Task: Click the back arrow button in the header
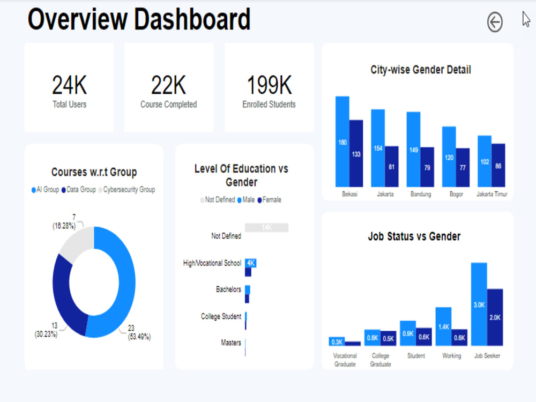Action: [x=495, y=23]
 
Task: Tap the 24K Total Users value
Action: [x=69, y=85]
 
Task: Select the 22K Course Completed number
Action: [x=168, y=85]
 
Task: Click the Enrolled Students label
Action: [x=269, y=105]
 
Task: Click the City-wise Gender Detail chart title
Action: [x=421, y=70]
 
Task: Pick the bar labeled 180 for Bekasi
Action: [x=343, y=142]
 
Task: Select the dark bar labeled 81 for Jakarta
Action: [x=392, y=166]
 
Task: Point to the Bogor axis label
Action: [x=456, y=194]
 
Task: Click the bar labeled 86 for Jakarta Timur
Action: [x=498, y=165]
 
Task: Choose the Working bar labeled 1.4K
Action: [x=443, y=326]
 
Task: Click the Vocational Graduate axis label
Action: [x=345, y=360]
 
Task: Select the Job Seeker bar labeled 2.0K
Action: [x=495, y=317]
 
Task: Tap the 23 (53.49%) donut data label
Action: [x=139, y=332]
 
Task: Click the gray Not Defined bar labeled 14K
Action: [x=266, y=228]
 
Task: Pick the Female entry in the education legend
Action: [x=269, y=200]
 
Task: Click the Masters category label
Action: [x=231, y=343]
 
